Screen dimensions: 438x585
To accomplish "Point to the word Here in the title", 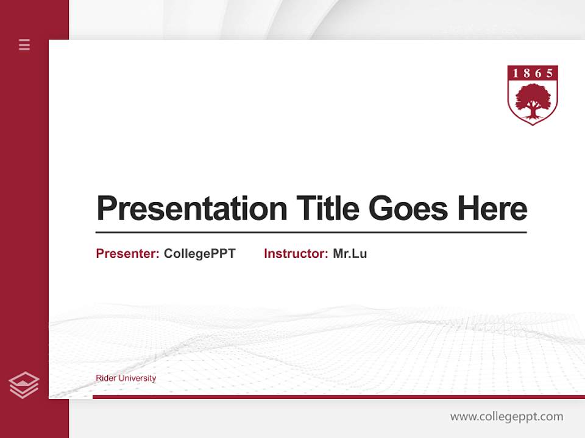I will [492, 209].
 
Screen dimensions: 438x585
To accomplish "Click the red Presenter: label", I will [128, 254].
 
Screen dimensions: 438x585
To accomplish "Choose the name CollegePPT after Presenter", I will [199, 254].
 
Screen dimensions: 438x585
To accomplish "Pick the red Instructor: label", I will [296, 254].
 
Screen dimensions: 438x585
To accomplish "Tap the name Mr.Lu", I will [350, 254].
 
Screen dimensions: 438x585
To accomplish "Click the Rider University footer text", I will [126, 378].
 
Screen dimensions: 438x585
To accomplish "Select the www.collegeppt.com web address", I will [506, 417].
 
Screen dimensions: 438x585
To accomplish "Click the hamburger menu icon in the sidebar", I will [24, 44].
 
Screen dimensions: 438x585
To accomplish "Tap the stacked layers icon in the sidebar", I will [24, 385].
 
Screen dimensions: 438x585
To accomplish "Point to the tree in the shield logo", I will [533, 100].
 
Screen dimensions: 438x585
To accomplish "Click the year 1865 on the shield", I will [533, 74].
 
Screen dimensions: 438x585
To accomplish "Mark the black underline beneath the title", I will [311, 232].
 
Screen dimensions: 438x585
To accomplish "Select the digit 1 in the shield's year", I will [515, 74].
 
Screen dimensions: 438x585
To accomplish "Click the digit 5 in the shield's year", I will [550, 74].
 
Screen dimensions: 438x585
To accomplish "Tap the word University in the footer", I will [137, 378].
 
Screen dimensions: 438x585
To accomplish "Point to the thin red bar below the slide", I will [338, 397].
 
